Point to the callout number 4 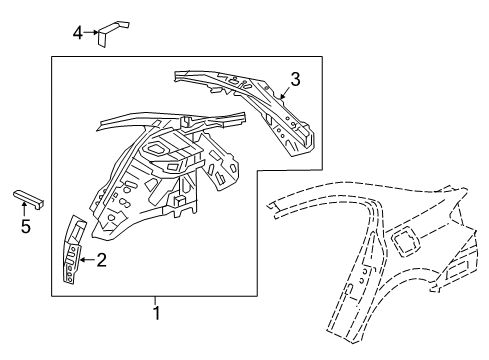76,33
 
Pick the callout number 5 26,227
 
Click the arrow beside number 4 90,33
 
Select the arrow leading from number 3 285,94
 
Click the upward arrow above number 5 26,208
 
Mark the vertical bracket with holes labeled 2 72,251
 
